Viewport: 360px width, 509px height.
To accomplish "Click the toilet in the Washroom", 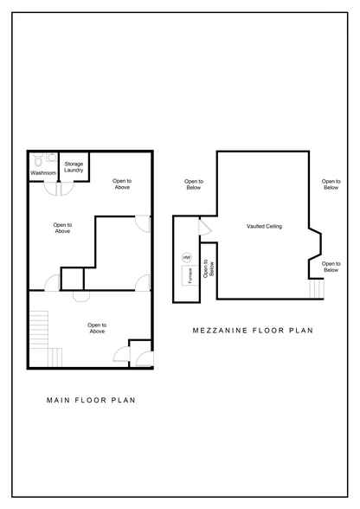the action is coord(38,159).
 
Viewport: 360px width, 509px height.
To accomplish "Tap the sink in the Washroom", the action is coord(51,158).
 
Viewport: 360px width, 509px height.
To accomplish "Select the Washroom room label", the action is coord(43,173).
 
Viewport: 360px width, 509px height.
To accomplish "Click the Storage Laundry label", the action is coord(74,167).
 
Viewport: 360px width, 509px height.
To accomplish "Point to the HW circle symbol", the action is coord(187,257).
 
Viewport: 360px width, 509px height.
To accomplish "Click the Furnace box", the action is coord(190,275).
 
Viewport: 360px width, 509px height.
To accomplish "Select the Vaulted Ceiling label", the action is coord(264,226).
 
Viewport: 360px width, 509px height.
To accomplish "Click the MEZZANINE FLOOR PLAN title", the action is coord(253,331).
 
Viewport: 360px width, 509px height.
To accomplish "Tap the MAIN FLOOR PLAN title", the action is coord(91,400).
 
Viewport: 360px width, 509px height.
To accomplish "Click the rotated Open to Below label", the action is coord(209,268).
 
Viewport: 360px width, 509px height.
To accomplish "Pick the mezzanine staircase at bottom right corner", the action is coord(317,288).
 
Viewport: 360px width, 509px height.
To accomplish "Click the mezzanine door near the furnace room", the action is coord(205,227).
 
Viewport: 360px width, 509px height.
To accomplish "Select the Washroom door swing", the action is coord(50,189).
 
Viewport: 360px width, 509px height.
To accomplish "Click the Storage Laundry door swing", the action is coord(67,189).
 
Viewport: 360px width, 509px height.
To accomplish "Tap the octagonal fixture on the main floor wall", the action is coord(80,296).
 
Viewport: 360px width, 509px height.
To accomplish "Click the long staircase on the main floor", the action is coord(39,330).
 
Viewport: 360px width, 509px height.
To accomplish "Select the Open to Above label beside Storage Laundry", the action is coord(122,184).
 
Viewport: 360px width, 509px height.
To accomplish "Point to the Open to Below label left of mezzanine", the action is coord(194,184).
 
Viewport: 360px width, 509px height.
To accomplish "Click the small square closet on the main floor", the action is coord(73,279).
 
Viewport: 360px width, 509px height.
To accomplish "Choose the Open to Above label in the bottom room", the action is coord(97,328).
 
